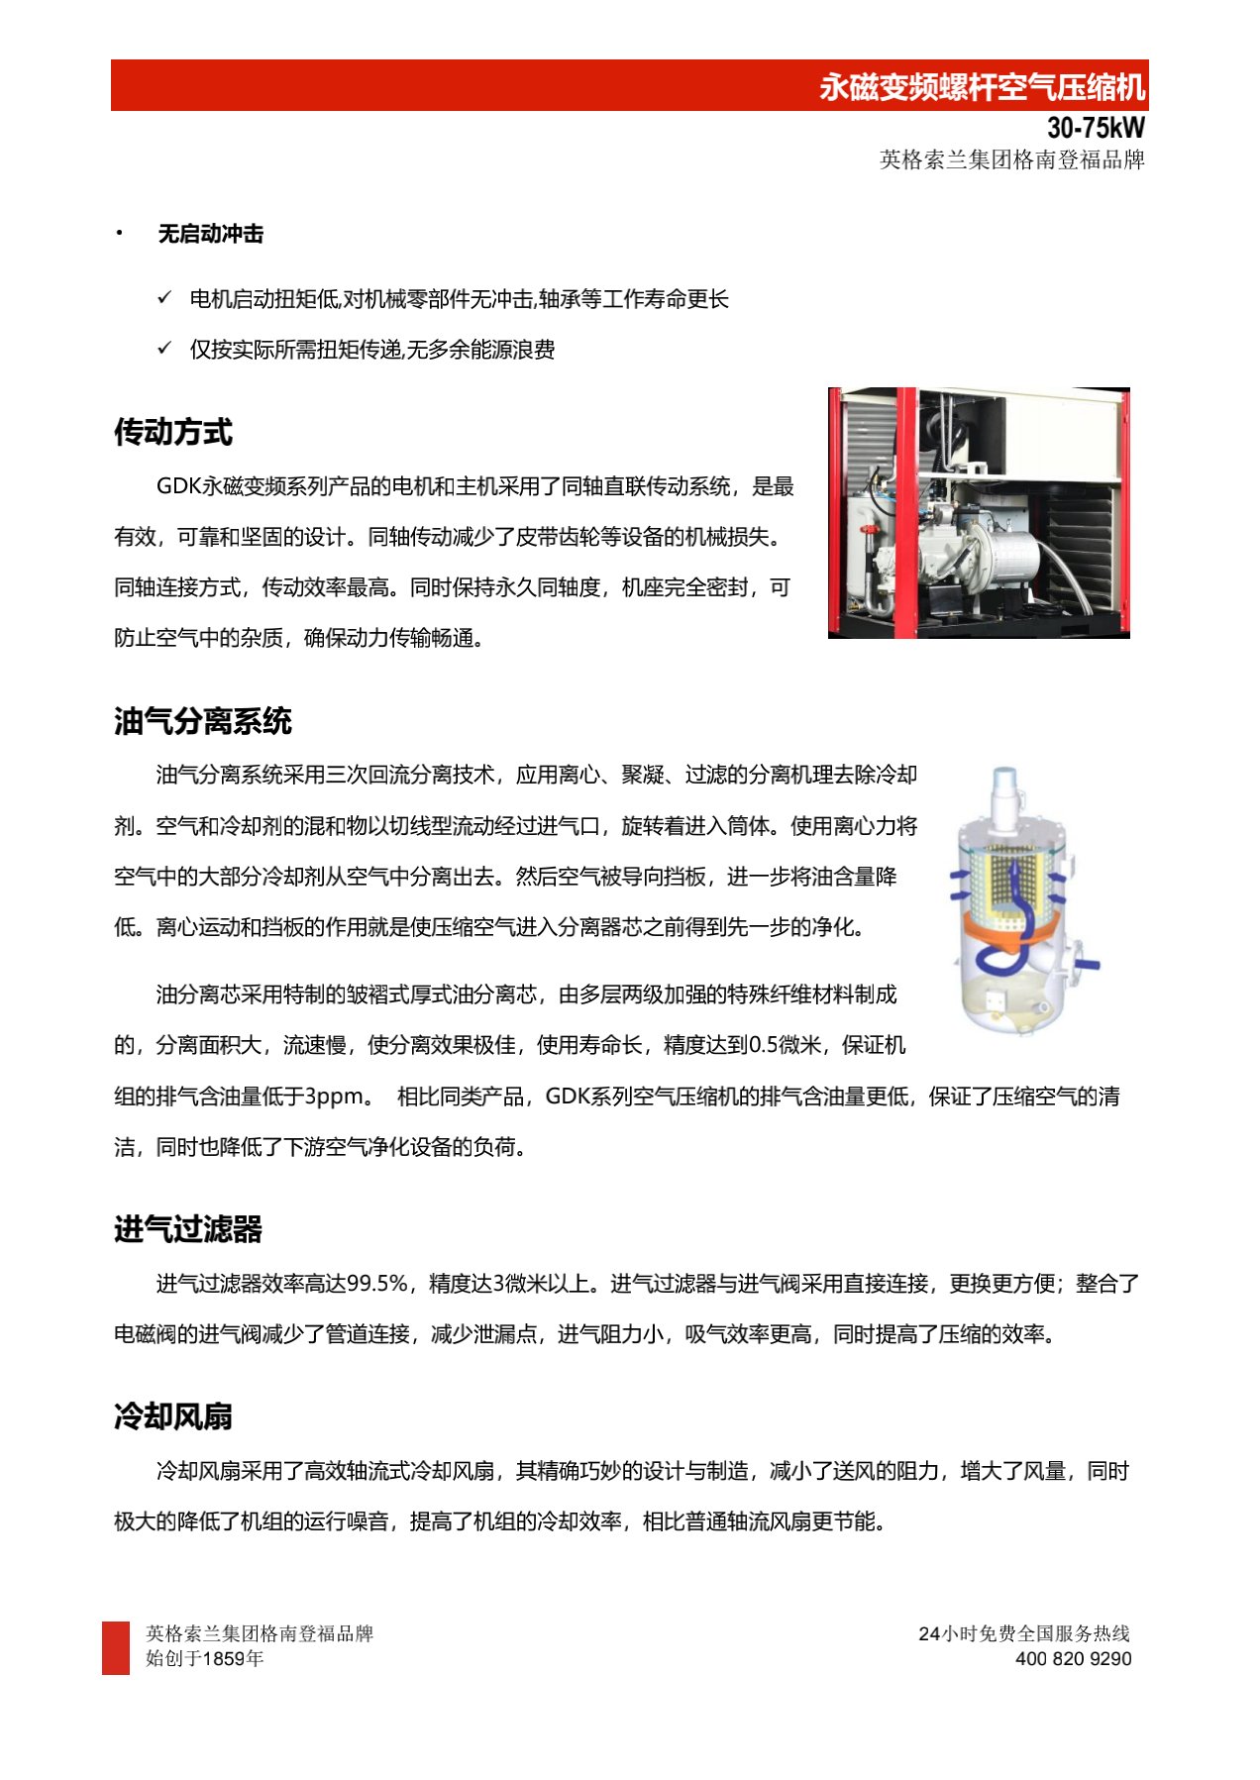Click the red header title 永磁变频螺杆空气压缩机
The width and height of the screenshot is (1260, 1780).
point(982,87)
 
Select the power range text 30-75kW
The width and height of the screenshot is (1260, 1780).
point(1096,128)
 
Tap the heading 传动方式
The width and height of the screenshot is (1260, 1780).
point(173,432)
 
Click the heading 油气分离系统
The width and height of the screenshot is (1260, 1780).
point(202,721)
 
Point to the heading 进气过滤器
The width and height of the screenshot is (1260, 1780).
point(188,1229)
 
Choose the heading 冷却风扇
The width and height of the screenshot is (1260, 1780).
point(173,1416)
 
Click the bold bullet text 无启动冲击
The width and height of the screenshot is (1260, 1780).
point(211,234)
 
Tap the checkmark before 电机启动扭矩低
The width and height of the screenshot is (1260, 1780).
point(164,297)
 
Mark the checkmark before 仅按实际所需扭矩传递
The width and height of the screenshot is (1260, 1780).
point(164,348)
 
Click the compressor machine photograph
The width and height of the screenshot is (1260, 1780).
point(979,512)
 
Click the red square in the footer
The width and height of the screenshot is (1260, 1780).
point(116,1648)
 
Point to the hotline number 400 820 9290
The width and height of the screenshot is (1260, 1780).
point(1073,1659)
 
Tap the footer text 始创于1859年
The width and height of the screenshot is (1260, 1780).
point(205,1659)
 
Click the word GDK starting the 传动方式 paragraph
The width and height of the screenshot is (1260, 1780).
point(179,486)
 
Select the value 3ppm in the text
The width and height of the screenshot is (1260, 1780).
point(334,1097)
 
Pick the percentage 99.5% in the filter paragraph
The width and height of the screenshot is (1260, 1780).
point(377,1284)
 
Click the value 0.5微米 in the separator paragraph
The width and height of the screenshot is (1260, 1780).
point(784,1045)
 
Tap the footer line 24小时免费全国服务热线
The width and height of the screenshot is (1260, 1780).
point(1024,1633)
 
